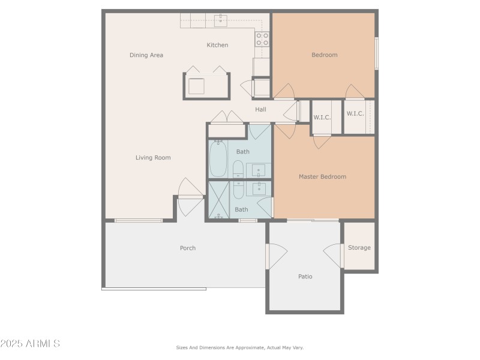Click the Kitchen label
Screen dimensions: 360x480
(217, 45)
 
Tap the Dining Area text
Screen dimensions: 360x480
(146, 55)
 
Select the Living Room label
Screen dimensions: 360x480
(153, 158)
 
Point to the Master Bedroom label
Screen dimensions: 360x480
(322, 177)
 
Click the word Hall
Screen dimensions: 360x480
(260, 110)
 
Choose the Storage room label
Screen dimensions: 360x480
(359, 248)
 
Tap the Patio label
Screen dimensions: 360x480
(305, 277)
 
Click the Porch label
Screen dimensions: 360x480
(188, 248)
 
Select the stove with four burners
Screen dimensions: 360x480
(262, 39)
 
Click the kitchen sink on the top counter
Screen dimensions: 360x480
(220, 20)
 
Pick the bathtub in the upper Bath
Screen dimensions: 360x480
(217, 159)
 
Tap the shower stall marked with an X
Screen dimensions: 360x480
(218, 200)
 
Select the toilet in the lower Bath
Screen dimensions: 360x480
(238, 190)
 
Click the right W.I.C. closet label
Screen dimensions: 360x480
(355, 113)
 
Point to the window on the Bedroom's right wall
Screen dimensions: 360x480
(376, 53)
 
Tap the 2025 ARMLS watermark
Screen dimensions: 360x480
(30, 344)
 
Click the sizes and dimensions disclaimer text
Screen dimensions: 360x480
(239, 347)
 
